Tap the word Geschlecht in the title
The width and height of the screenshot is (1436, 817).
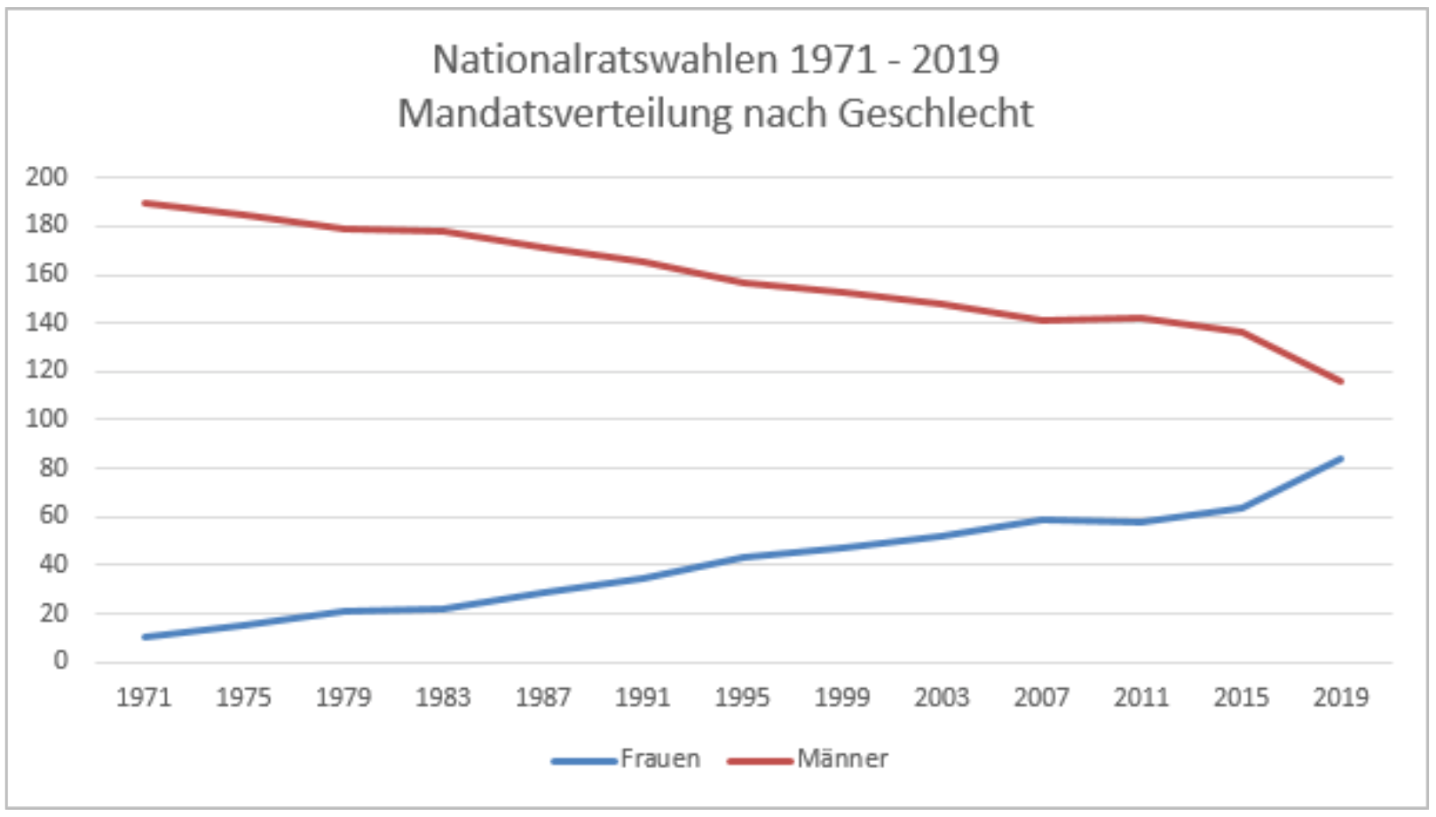coord(935,114)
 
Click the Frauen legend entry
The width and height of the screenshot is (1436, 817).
coord(659,759)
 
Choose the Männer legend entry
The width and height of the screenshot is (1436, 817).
coord(841,759)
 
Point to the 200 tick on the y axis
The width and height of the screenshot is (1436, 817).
coord(47,177)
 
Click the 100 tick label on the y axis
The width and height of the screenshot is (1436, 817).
coord(47,418)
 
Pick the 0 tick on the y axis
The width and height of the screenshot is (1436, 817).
coord(60,661)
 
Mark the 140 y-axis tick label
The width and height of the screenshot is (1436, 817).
coord(47,322)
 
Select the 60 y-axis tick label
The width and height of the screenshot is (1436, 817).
coord(53,516)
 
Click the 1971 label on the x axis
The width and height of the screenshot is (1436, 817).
coord(144,698)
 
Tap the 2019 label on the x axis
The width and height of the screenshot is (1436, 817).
coord(1340,698)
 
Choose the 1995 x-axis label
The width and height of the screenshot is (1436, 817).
coord(742,698)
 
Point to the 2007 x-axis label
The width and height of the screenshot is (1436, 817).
coord(1041,698)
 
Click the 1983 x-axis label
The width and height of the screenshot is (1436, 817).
coord(443,698)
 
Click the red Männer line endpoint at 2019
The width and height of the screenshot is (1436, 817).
coord(1340,382)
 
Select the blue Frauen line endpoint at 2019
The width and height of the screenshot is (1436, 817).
coord(1340,458)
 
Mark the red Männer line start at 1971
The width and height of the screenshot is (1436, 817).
coord(145,203)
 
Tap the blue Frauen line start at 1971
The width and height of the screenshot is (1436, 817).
coord(145,637)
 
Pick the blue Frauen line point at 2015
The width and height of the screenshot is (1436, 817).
coord(1241,508)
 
